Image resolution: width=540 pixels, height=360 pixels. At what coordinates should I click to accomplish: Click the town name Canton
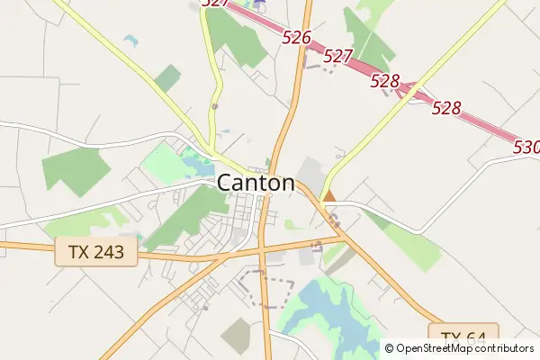click(x=256, y=183)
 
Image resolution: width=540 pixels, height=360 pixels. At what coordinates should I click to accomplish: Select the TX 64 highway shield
click(x=463, y=337)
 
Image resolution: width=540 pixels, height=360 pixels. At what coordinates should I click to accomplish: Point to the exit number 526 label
click(x=296, y=38)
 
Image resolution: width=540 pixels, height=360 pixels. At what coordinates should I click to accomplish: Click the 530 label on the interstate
click(x=526, y=147)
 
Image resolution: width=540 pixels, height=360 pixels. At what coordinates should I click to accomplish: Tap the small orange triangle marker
click(x=329, y=195)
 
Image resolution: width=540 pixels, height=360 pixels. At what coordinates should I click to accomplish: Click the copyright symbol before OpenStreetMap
click(x=390, y=348)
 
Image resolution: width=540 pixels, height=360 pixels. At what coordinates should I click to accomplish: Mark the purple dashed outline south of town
click(x=266, y=289)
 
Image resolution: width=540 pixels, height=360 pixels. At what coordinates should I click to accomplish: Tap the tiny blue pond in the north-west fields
click(x=131, y=40)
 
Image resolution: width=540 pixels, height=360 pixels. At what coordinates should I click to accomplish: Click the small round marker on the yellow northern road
click(x=214, y=106)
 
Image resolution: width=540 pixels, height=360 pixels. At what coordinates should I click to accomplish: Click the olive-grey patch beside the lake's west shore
click(x=238, y=334)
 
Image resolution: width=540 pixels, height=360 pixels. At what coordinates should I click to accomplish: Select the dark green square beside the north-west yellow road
click(x=166, y=78)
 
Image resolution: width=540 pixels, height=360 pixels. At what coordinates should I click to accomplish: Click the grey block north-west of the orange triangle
click(x=311, y=172)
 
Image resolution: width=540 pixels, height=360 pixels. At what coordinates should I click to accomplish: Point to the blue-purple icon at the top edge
click(x=261, y=4)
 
